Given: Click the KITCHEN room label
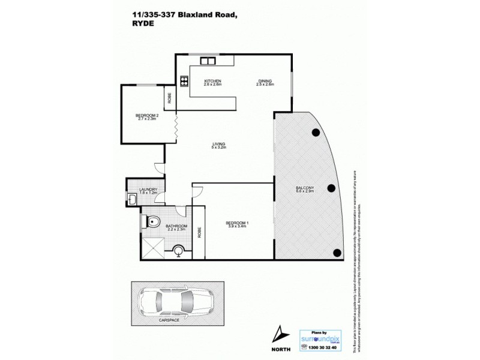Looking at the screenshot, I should coord(213,81).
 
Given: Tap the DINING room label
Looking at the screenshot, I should coord(265,81).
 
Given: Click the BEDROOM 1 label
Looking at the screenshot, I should coord(238,223).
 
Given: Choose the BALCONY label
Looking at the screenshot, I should coord(305,188).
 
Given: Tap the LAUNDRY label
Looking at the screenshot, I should coord(147,190).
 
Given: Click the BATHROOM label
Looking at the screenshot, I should coord(177,226).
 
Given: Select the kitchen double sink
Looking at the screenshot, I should coord(208,61).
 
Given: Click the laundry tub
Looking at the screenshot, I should coord(132,200).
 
